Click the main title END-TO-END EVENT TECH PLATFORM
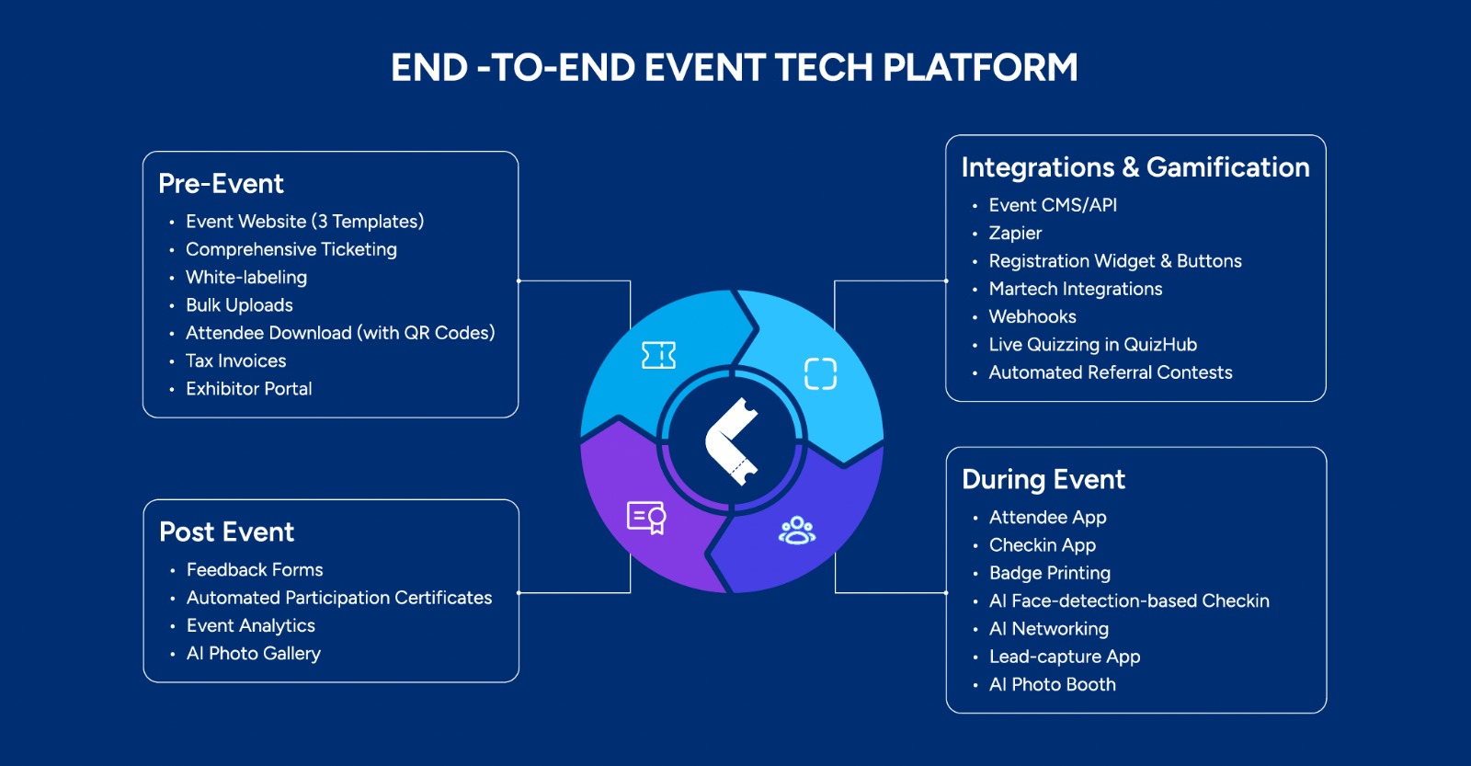coord(734,68)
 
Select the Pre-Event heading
coord(221,184)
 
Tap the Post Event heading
coord(226,532)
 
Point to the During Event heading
coord(1043,480)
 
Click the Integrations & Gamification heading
coord(1135,167)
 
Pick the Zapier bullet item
coord(1015,234)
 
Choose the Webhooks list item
coord(1032,317)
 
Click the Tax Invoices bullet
coord(235,361)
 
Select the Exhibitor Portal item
coord(248,389)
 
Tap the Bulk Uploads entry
coord(239,305)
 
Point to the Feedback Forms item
coord(255,570)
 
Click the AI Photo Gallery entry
coord(253,654)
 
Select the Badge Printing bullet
coord(1049,574)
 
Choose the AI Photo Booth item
coord(1052,685)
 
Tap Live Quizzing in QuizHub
coord(1092,345)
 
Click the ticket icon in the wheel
coord(658,355)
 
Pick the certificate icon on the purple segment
coord(646,518)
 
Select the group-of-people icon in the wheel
coord(797,531)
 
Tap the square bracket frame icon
coord(820,373)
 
